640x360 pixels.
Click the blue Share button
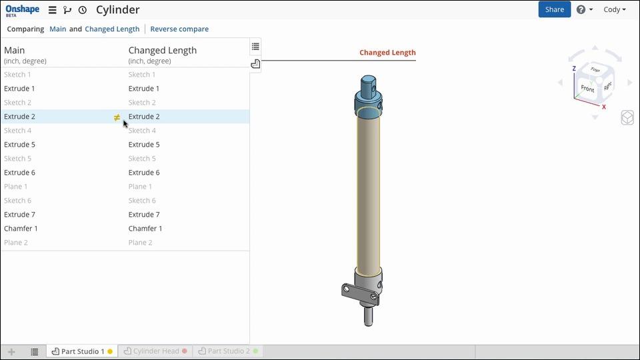click(x=554, y=9)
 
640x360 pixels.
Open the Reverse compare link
click(x=179, y=29)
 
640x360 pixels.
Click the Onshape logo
click(x=23, y=10)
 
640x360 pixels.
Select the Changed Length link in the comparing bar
click(x=112, y=29)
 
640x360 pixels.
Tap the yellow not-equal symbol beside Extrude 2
click(x=117, y=117)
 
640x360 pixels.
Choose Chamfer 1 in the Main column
click(x=21, y=229)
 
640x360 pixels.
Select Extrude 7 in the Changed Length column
click(x=144, y=215)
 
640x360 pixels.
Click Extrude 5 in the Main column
click(x=19, y=145)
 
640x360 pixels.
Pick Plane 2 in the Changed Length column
click(x=141, y=243)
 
